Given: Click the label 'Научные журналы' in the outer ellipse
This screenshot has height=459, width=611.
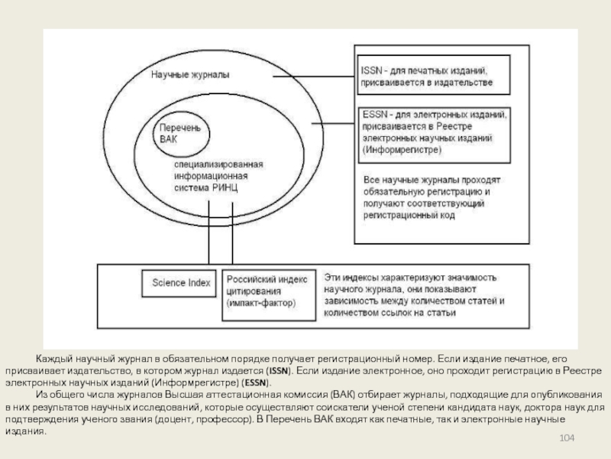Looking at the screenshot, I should coord(190,76).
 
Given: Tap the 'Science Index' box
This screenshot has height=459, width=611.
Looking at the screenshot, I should coord(181,283).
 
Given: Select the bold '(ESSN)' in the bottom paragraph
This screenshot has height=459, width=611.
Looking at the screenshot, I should coord(255,381).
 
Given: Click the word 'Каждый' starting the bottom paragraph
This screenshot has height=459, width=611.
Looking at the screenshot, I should coord(54,358).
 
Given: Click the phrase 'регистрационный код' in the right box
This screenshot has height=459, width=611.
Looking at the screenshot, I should coord(409,216).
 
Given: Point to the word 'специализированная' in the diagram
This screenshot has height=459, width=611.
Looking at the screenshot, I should coord(218,164).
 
